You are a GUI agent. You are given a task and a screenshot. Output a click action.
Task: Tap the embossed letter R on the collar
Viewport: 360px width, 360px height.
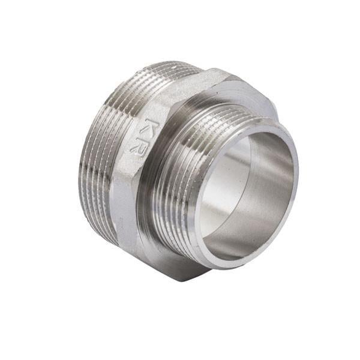click(x=137, y=144)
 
